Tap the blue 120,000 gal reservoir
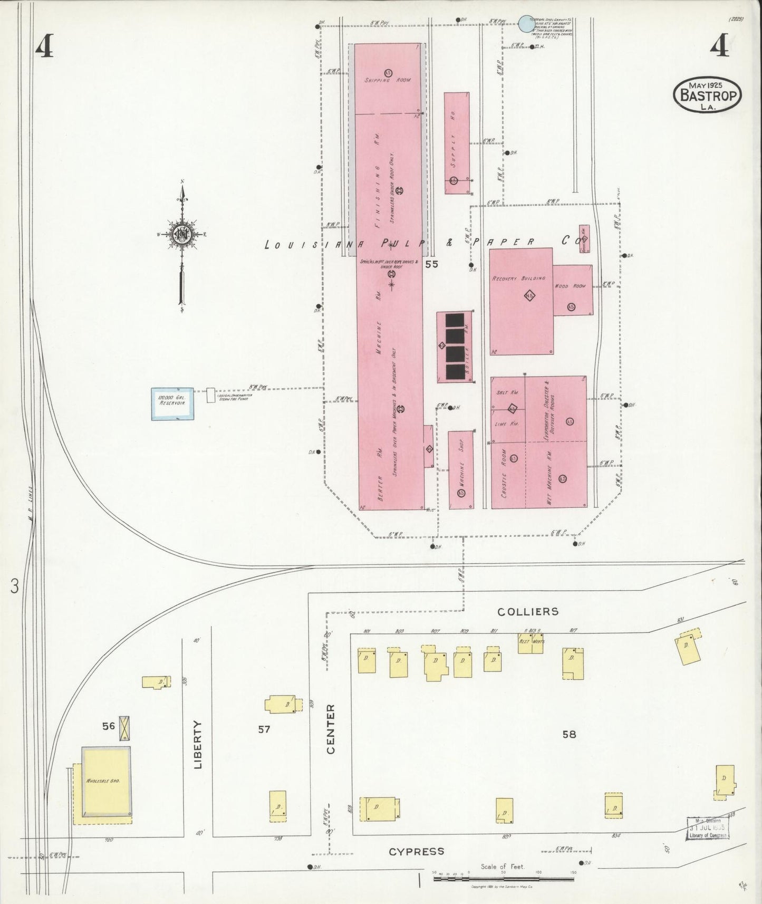click(172, 404)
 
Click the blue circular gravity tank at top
click(526, 24)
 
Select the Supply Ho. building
click(457, 143)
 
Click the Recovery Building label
click(519, 278)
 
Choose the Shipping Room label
click(388, 80)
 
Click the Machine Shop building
click(461, 470)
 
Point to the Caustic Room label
click(504, 482)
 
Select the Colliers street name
click(528, 611)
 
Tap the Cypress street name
click(416, 851)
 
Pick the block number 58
click(569, 734)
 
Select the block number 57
click(264, 729)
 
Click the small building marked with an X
click(124, 728)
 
